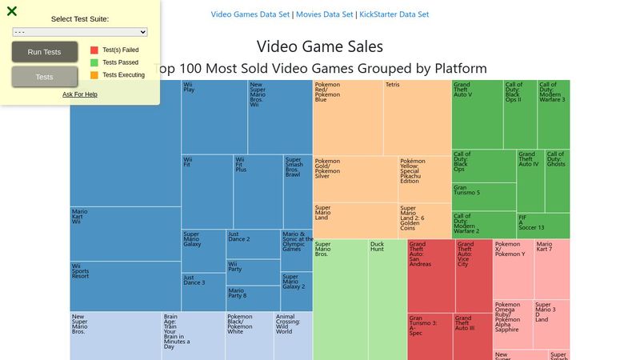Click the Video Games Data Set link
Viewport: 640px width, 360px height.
point(250,14)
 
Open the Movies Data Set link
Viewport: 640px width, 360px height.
point(325,14)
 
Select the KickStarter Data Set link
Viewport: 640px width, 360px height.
point(394,14)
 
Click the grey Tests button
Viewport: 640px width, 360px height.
point(45,77)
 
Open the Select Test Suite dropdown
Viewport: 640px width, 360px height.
point(80,32)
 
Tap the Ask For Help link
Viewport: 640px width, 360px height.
point(80,94)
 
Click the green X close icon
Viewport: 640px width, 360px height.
point(12,11)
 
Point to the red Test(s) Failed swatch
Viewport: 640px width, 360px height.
point(94,50)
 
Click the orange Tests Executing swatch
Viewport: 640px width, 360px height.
point(94,75)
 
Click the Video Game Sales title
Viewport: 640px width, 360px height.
point(320,47)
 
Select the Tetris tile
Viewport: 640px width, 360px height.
point(417,117)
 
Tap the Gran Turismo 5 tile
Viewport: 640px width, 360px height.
point(484,197)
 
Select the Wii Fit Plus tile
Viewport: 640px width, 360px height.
point(257,192)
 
